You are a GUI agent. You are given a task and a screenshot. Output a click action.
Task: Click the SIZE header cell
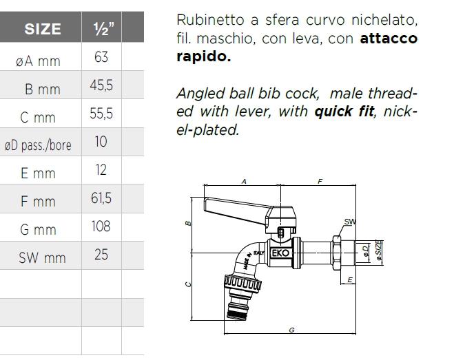[x=43, y=29]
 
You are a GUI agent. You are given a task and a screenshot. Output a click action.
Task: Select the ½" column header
[x=101, y=29]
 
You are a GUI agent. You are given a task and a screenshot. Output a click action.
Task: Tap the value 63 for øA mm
[x=101, y=57]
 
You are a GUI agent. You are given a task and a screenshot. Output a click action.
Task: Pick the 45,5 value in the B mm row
[x=101, y=85]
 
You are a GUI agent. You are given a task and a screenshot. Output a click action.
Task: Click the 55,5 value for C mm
[x=101, y=114]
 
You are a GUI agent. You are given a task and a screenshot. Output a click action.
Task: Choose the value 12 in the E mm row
[x=101, y=170]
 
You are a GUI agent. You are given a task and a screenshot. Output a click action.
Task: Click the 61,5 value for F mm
[x=101, y=198]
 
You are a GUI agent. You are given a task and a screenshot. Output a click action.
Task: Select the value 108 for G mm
[x=101, y=226]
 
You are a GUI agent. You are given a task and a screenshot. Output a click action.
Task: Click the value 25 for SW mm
[x=101, y=255]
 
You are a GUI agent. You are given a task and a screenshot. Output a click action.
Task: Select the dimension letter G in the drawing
[x=292, y=330]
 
